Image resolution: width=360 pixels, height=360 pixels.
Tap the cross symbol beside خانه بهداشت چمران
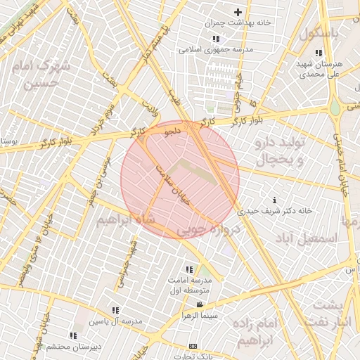click(238, 12)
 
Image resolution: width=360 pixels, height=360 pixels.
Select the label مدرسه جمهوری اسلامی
click(211, 50)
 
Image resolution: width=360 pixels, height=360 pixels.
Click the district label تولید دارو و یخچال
click(278, 151)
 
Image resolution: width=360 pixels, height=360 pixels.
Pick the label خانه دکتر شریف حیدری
click(274, 210)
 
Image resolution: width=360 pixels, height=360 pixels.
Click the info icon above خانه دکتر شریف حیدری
click(274, 200)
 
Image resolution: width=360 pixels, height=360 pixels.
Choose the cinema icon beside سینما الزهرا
click(200, 304)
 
